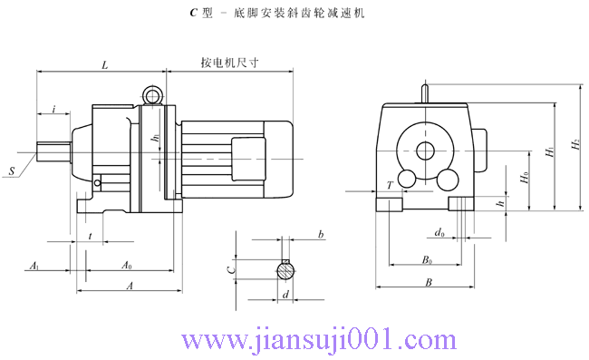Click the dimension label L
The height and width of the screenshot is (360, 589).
click(105, 65)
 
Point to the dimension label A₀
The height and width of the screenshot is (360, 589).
click(127, 267)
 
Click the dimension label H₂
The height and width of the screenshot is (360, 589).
click(575, 145)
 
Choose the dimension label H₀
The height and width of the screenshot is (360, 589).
click(525, 176)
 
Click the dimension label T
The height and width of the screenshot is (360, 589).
click(390, 185)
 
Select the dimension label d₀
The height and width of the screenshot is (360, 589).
click(439, 234)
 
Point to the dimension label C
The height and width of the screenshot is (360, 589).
click(231, 269)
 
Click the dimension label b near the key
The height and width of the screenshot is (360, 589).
click(321, 235)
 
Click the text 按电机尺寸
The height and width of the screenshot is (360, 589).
click(230, 64)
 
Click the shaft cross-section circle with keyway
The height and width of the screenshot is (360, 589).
click(285, 269)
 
